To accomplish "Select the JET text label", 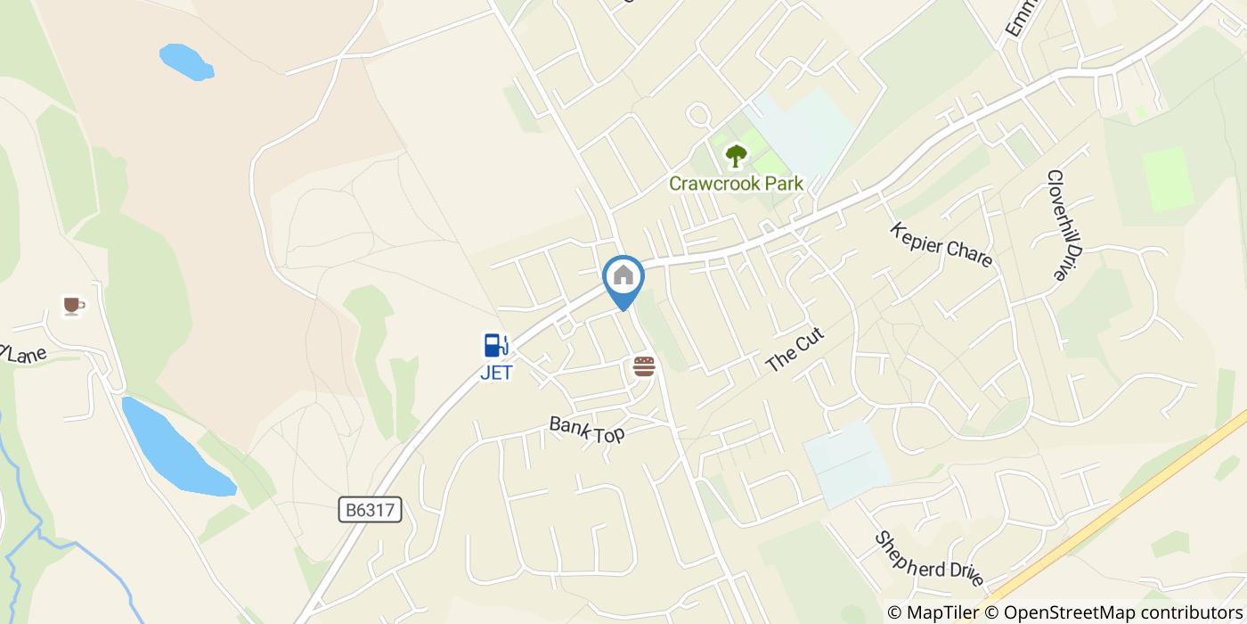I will click(496, 373).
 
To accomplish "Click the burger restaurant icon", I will click(644, 366).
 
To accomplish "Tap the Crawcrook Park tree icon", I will click(736, 157).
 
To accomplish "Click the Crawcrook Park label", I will click(736, 184).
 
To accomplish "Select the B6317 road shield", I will click(371, 511).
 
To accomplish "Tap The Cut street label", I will click(795, 350).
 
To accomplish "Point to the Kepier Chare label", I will click(941, 243).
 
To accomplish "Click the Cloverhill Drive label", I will click(1056, 226).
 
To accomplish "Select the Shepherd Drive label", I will click(929, 560).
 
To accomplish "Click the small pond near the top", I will click(186, 62).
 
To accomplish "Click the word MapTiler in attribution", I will click(943, 612).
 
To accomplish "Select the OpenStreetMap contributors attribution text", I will click(1123, 612).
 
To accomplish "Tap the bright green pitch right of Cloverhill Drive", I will click(1167, 179).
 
